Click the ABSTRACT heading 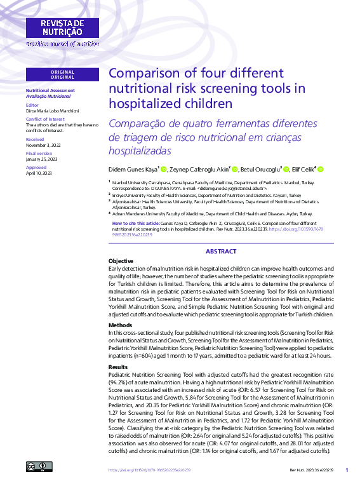221,252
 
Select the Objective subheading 121,261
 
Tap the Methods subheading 119,325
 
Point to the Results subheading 118,367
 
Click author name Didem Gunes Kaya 133,170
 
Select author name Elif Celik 303,170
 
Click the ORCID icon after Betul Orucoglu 286,170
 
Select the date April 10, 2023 39,173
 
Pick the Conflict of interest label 45,119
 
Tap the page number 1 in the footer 347,470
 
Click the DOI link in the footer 150,470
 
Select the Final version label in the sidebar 39,153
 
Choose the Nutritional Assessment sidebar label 50,90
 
